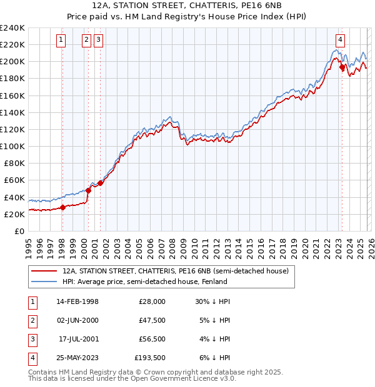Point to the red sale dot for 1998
click(x=62, y=208)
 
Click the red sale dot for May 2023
click(x=342, y=67)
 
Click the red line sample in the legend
click(x=44, y=272)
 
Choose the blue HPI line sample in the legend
click(x=44, y=282)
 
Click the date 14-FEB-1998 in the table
click(x=77, y=301)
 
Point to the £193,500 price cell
click(x=150, y=358)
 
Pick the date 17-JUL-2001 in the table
click(x=78, y=339)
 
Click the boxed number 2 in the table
click(x=31, y=320)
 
